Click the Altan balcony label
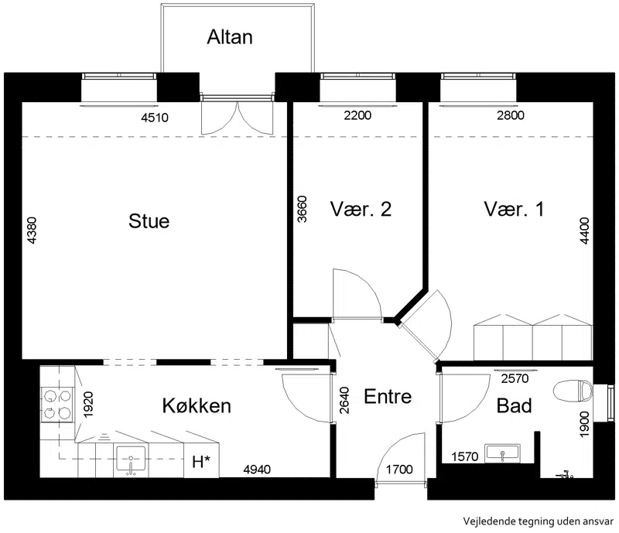[230, 37]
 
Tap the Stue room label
[149, 221]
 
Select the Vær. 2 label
[361, 209]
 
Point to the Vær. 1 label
[514, 209]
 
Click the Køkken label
[197, 406]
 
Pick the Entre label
[388, 396]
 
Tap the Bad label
[514, 406]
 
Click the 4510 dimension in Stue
[155, 118]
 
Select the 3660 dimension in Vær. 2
[302, 209]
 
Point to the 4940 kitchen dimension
[257, 470]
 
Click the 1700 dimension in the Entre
[399, 470]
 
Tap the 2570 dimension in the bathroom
[515, 378]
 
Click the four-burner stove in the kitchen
[57, 405]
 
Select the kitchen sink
[131, 460]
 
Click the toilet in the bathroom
[573, 391]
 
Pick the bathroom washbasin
[502, 453]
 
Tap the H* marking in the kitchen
[201, 462]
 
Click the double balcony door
[238, 114]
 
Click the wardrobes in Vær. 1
[533, 337]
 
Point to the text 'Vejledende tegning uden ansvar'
[539, 521]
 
